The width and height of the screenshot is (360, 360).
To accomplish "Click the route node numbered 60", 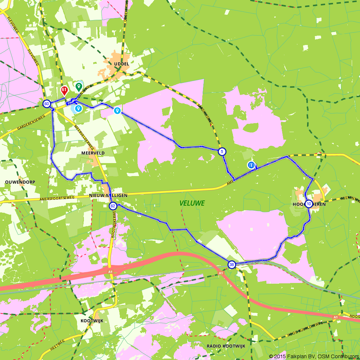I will pos(46,104).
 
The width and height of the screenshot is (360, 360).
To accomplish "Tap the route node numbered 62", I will pos(113,206).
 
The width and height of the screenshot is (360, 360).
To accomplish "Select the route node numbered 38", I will pos(232,265).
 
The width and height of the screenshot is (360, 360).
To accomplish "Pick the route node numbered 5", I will pos(222,152).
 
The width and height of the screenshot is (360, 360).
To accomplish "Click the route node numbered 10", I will pos(309,204).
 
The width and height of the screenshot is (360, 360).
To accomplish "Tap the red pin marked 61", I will pos(64,90).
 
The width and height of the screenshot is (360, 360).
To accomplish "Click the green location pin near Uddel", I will pos(78,86).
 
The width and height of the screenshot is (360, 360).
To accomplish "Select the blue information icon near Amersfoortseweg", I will pos(251,165).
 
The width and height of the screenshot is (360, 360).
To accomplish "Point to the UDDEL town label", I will pos(121,64).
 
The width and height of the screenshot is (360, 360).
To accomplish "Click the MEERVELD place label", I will pos(95,153).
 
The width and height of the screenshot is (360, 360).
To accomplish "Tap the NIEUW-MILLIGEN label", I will pos(108,195).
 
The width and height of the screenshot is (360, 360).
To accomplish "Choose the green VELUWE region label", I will pos(192,203).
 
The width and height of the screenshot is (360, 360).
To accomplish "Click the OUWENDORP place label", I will pos(20,182).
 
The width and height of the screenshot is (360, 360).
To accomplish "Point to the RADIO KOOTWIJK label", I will pos(226,346).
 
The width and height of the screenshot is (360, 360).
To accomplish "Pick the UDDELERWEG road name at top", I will pos(126,11).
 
